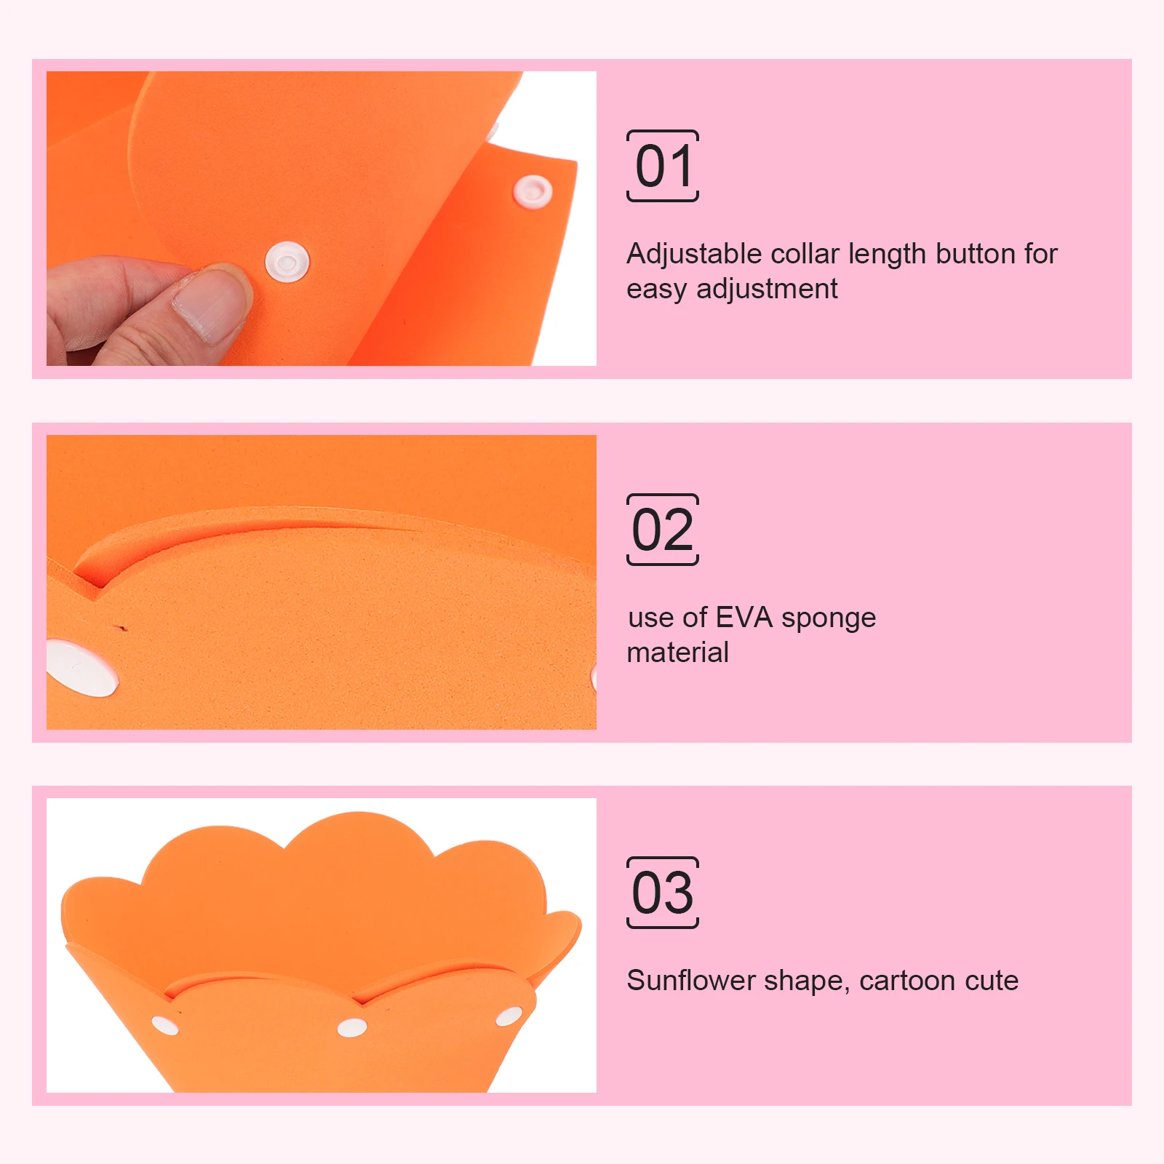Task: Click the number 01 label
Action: tap(663, 166)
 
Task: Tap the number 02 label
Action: tap(663, 530)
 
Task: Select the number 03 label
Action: tap(663, 893)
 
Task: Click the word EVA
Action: tap(744, 618)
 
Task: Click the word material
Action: tap(677, 653)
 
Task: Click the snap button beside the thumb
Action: tap(287, 262)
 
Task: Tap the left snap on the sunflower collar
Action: tap(165, 1025)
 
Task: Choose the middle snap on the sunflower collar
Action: tap(352, 1027)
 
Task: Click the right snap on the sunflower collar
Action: tap(509, 1016)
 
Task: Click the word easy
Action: tap(656, 290)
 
